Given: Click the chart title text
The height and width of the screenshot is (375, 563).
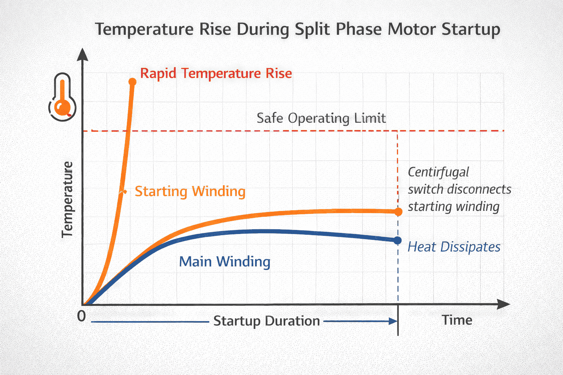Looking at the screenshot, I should coord(298,29).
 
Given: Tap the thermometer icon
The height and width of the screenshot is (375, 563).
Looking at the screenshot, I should coord(62,97).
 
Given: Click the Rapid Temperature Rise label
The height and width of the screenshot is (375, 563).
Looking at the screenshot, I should coord(216,73).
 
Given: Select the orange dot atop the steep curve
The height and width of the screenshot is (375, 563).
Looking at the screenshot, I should coord(132,81).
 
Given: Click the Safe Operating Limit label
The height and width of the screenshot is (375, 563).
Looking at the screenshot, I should coord(321,118).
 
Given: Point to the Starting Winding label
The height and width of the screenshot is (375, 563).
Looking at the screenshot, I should coord(190,192).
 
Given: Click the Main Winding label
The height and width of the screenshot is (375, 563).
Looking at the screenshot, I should coord(224,262).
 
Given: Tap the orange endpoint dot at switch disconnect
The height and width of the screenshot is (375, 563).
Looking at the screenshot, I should coord(398,212).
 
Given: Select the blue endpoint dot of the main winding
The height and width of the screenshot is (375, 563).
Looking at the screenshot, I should coord(398,240).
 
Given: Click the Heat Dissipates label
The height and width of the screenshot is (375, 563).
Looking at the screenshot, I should coord(454,247).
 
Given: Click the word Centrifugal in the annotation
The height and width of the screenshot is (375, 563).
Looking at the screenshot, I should coord(438,172).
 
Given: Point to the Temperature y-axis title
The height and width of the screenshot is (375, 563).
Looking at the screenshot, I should coord(67,200).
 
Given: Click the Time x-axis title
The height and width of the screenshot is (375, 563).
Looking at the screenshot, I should coord(457,320).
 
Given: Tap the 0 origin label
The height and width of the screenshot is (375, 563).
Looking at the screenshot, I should coord(81,316).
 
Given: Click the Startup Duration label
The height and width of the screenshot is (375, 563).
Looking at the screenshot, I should coord(266,321).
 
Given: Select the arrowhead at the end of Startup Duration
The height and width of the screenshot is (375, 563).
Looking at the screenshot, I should coord(393,321).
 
